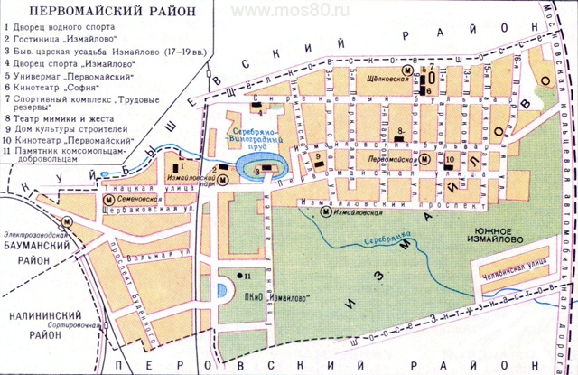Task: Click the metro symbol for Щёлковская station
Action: [407, 70]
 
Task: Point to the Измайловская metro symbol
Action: [325, 213]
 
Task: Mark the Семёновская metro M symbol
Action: [108, 199]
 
